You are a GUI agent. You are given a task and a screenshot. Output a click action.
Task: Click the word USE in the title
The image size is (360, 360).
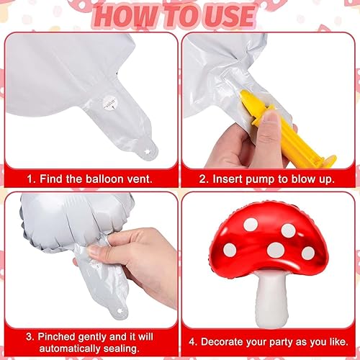click(x=228, y=16)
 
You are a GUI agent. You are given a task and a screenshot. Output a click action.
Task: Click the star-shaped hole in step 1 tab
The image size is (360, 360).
click(x=146, y=152)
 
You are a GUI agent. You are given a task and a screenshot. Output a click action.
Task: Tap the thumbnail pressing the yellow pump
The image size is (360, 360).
click(x=271, y=118)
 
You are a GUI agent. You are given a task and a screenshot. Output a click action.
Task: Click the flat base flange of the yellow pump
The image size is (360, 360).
click(x=327, y=161)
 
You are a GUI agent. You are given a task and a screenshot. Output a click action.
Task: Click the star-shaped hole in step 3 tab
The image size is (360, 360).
click(x=120, y=310)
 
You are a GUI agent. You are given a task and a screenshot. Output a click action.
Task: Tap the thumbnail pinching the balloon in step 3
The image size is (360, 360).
click(x=94, y=251)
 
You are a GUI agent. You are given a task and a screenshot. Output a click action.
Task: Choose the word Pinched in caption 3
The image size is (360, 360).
click(x=56, y=337)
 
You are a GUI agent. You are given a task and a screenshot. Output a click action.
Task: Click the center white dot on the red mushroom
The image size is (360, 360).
click(x=276, y=250)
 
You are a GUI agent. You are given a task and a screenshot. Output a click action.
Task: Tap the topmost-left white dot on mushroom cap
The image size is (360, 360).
click(x=251, y=225)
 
